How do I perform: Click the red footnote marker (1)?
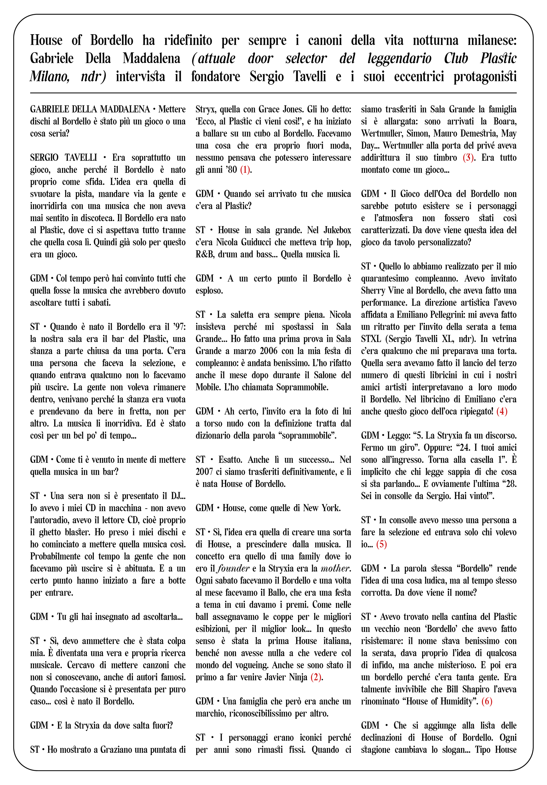pos(245,170)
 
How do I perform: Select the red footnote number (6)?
pos(487,702)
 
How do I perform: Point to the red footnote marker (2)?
pos(316,677)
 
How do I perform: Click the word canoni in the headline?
pos(324,40)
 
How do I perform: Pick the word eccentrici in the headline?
pos(419,76)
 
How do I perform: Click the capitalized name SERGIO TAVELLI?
pos(63,158)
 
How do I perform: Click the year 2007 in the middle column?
pos(205,472)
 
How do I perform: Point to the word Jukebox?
pos(337,230)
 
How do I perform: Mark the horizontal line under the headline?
pos(273,93)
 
